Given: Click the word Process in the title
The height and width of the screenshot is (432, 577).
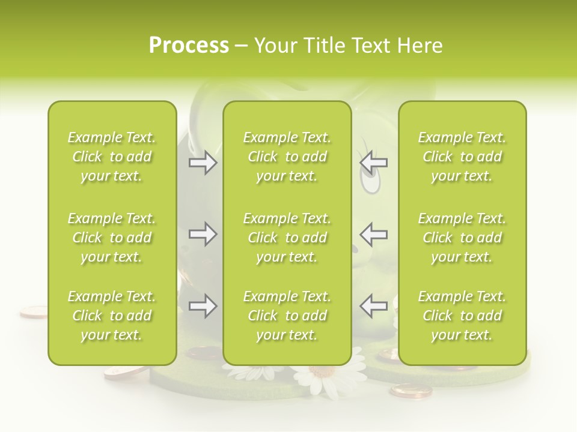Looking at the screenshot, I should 189,46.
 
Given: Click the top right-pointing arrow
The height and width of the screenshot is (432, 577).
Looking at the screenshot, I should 203,163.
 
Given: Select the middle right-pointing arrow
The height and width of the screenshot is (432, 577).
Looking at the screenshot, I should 203,233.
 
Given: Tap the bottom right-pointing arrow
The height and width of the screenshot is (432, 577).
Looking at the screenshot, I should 203,306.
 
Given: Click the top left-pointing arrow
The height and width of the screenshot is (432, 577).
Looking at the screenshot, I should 374,162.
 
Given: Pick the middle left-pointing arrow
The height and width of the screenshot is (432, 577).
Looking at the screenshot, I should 374,233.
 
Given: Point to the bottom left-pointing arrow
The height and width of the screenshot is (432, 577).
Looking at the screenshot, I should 374,306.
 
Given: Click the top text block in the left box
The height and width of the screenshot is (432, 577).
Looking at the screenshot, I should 112,157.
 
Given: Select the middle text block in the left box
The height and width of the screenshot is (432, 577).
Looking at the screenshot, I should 112,238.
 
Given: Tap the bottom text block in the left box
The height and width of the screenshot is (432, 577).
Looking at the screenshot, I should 112,316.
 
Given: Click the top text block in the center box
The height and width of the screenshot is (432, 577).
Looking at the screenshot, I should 287,157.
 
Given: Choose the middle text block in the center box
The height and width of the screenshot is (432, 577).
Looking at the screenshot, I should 287,238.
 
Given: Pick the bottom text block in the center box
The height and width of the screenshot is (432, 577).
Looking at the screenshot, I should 287,316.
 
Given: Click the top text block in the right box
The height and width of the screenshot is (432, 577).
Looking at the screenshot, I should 462,157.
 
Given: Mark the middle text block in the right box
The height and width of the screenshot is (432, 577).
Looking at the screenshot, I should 462,238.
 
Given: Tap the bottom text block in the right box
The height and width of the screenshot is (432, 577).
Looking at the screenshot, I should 462,316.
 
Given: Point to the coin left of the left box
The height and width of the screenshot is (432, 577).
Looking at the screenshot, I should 33,311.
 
